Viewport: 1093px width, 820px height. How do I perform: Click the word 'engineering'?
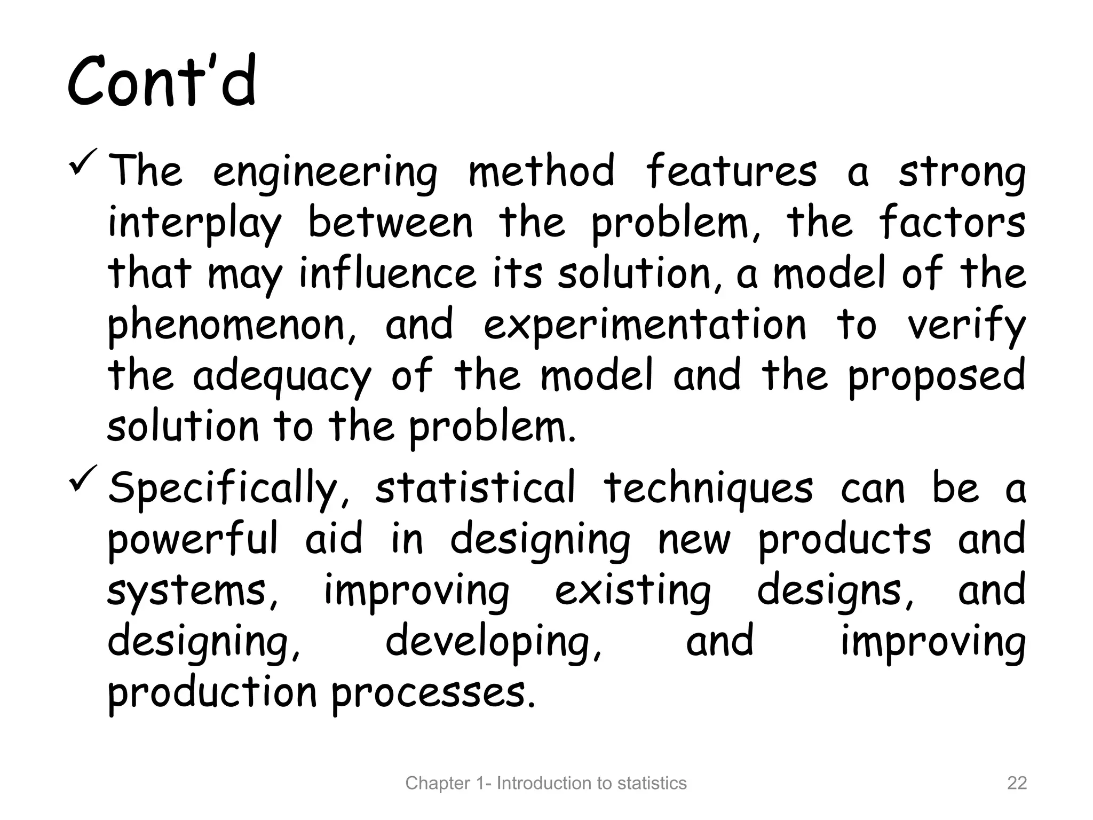tap(325, 172)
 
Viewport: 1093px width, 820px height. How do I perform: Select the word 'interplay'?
tap(194, 224)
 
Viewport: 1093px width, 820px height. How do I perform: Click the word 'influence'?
tap(387, 273)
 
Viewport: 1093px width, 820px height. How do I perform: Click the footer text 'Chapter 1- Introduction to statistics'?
tap(546, 783)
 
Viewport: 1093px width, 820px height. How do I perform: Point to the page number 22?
tap(1017, 783)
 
